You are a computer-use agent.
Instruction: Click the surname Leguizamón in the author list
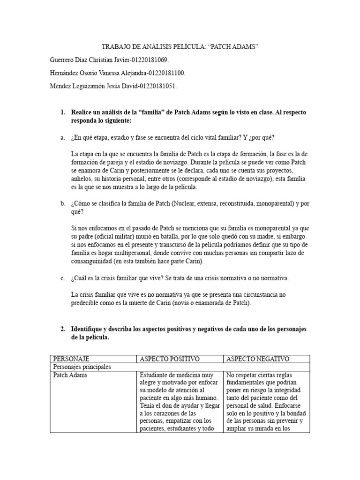point(94,87)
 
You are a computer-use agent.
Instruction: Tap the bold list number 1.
point(63,113)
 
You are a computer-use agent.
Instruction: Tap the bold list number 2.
point(63,329)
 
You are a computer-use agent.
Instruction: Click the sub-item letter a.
point(62,137)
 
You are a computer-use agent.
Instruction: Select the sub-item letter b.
point(62,203)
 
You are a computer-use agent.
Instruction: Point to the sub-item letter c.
point(62,278)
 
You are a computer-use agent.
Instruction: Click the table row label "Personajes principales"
point(82,367)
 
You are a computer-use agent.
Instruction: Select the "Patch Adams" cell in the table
point(70,375)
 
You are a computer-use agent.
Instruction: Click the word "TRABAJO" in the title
point(116,47)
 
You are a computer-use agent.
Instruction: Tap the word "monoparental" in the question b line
point(270,203)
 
